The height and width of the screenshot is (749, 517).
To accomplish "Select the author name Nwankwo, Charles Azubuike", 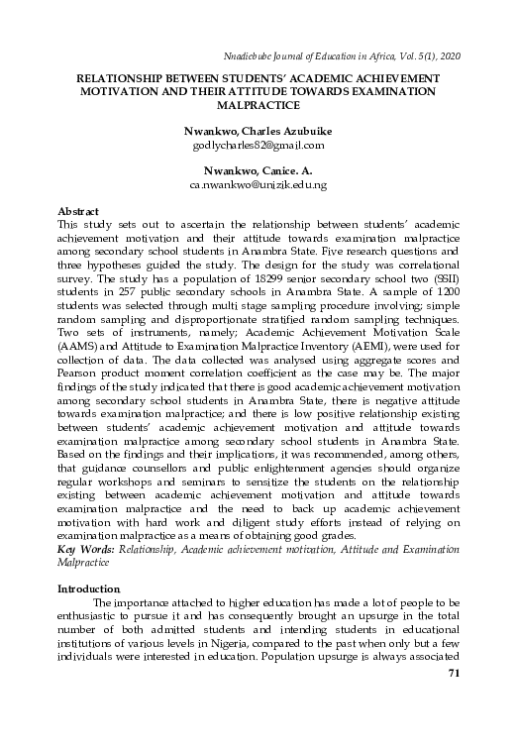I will click(x=258, y=130).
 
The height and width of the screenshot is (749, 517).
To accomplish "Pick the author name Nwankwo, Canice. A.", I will click(x=258, y=170).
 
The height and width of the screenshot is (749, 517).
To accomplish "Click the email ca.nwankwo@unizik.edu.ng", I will click(x=258, y=185).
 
